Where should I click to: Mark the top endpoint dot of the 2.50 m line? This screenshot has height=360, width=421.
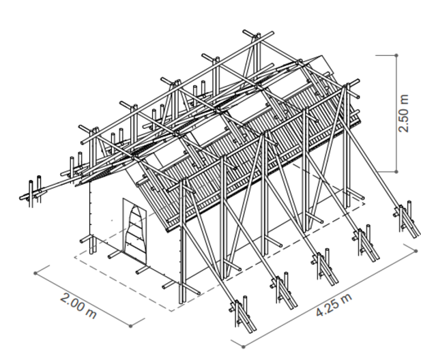tap(396, 55)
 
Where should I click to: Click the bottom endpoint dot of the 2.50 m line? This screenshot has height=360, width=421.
tap(396, 171)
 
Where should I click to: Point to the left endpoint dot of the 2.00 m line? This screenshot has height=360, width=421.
tap(35, 273)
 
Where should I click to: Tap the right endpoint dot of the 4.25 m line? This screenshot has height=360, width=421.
tap(417, 250)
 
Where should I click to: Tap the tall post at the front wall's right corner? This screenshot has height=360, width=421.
tap(182, 242)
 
